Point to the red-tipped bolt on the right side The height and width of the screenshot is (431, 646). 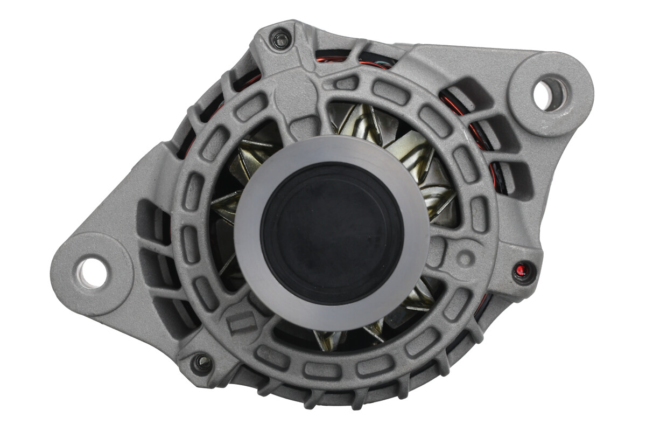[x=522, y=271]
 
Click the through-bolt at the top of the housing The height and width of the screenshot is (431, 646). [x=280, y=39]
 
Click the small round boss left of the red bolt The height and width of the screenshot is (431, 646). [x=465, y=258]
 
